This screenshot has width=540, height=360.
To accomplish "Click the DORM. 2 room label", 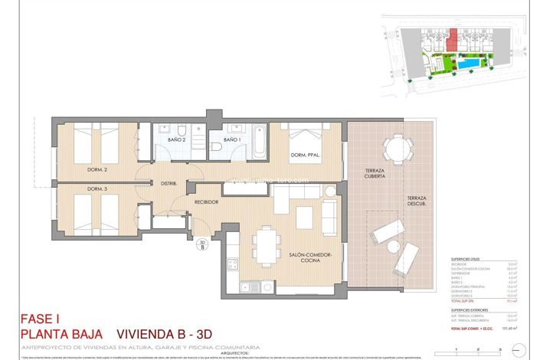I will pyautogui.click(x=96, y=169).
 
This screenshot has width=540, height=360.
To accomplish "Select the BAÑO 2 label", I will pyautogui.click(x=178, y=139).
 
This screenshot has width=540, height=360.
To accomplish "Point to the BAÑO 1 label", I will pyautogui.click(x=233, y=139).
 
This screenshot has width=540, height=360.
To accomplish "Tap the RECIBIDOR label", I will pyautogui.click(x=207, y=202).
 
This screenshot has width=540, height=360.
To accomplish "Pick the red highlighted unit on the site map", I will pyautogui.click(x=453, y=38).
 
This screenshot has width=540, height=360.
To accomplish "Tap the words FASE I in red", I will pyautogui.click(x=40, y=319).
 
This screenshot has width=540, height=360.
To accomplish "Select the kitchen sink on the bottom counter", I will pyautogui.click(x=247, y=288).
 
